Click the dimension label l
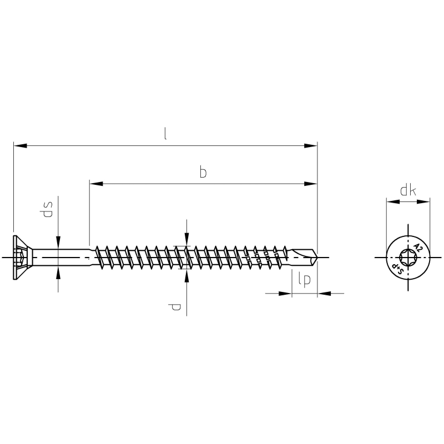165,134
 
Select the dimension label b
203,172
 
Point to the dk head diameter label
408,190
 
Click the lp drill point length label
304,280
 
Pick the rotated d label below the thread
174,307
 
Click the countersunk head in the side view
23,258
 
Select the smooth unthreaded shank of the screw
62,258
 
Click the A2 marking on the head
418,248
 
